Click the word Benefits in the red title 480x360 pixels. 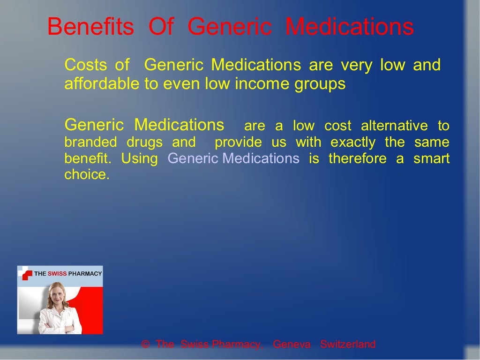point(90,27)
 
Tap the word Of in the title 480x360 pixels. point(161,27)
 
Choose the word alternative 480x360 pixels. point(394,126)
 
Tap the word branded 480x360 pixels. point(90,142)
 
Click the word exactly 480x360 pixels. point(353,142)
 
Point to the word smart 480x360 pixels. point(431,158)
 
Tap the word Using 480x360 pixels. point(140,159)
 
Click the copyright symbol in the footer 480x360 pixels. point(145,345)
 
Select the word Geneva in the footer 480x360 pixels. point(292,345)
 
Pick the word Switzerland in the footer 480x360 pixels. point(348,345)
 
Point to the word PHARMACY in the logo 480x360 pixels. point(85,273)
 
